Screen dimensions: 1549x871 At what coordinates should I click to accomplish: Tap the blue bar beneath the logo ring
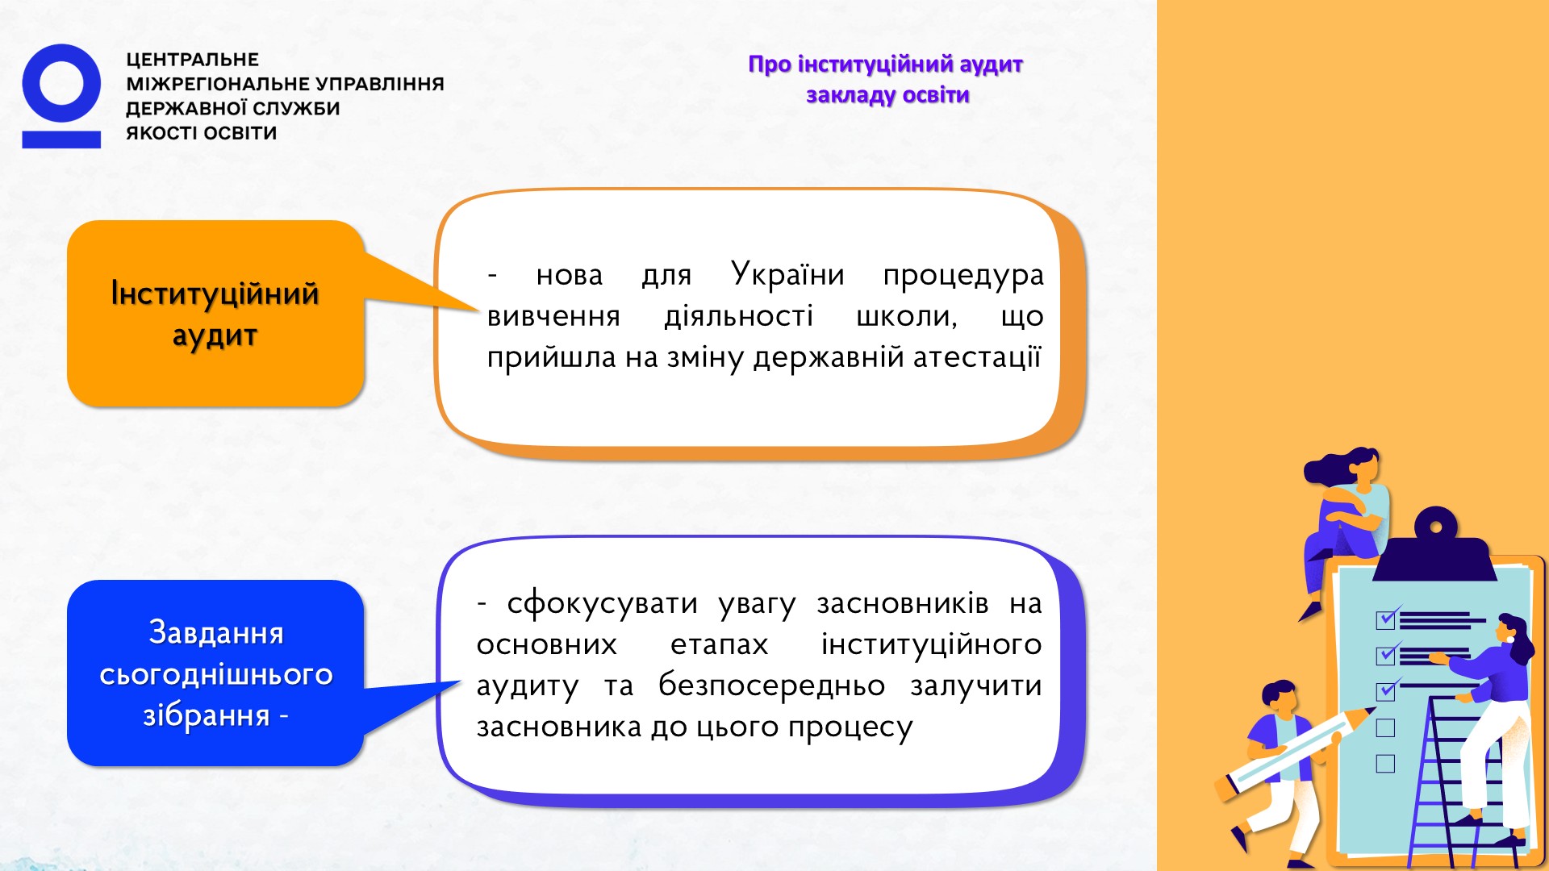coord(61,140)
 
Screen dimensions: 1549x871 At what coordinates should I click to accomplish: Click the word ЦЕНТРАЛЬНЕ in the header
coord(193,60)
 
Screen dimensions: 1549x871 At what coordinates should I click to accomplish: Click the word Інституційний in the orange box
coord(215,294)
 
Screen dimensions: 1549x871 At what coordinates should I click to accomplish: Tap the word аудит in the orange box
coord(215,335)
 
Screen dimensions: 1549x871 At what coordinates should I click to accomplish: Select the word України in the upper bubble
coord(787,274)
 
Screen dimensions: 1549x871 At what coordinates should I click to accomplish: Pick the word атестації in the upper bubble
coord(977,356)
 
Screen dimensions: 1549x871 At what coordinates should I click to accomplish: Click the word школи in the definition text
coord(906,316)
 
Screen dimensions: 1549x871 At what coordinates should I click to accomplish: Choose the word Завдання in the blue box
coord(216,632)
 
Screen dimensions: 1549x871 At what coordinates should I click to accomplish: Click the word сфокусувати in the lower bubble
coord(602,603)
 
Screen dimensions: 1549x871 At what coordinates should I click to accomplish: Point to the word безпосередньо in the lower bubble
coord(771,686)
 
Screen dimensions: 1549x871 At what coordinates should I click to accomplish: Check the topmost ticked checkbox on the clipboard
coord(1385,619)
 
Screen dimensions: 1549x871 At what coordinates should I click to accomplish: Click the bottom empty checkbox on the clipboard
coord(1385,763)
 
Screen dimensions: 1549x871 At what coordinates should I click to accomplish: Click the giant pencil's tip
coord(1372,710)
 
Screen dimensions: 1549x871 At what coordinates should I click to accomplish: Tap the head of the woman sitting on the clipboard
coord(1363,466)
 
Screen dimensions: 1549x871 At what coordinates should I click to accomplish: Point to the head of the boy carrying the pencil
coord(1280,698)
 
